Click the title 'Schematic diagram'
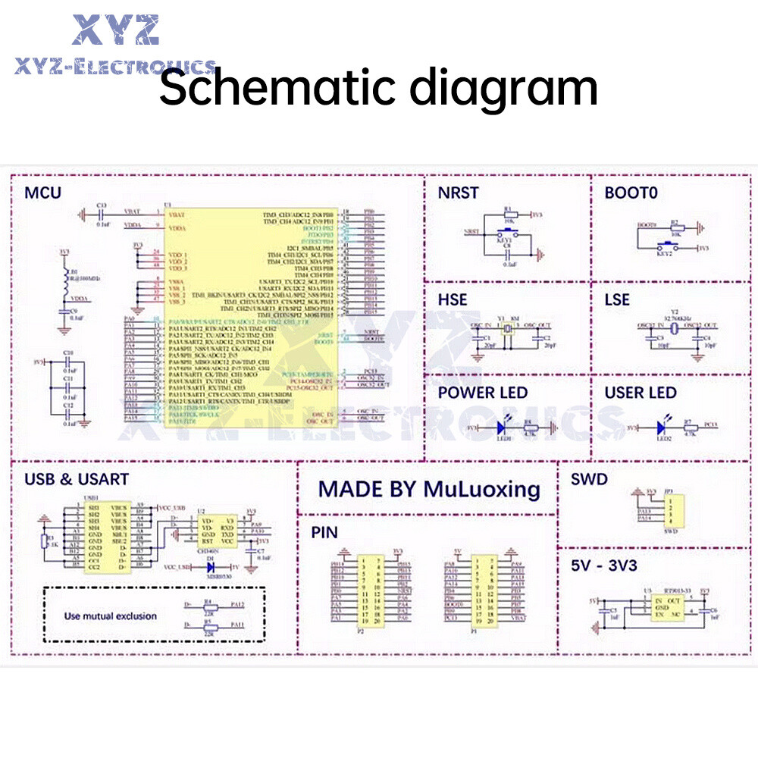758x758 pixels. (x=378, y=88)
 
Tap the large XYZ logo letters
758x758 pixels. (x=115, y=30)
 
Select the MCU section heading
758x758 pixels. (x=42, y=193)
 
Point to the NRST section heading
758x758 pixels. (x=458, y=193)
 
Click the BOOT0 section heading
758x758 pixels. (x=631, y=193)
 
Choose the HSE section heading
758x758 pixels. (x=453, y=300)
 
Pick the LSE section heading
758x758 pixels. (x=617, y=300)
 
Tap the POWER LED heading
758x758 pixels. (x=482, y=393)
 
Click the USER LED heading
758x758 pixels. (x=640, y=393)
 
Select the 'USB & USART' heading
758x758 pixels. (x=77, y=479)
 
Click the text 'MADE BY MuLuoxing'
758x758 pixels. (x=429, y=489)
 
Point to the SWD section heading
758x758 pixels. (x=588, y=479)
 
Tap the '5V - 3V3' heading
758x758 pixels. (x=603, y=565)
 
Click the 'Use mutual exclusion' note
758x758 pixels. (x=111, y=615)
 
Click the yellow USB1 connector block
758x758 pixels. (x=106, y=535)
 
